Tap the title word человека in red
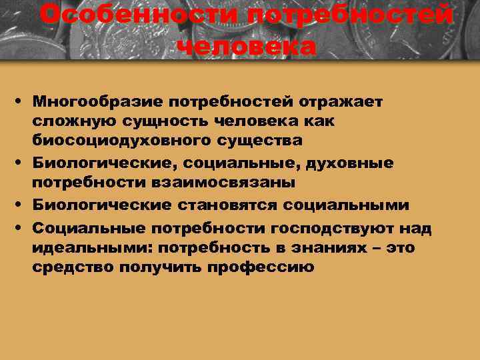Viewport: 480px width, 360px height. point(247,47)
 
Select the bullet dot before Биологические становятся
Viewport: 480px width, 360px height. point(22,205)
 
